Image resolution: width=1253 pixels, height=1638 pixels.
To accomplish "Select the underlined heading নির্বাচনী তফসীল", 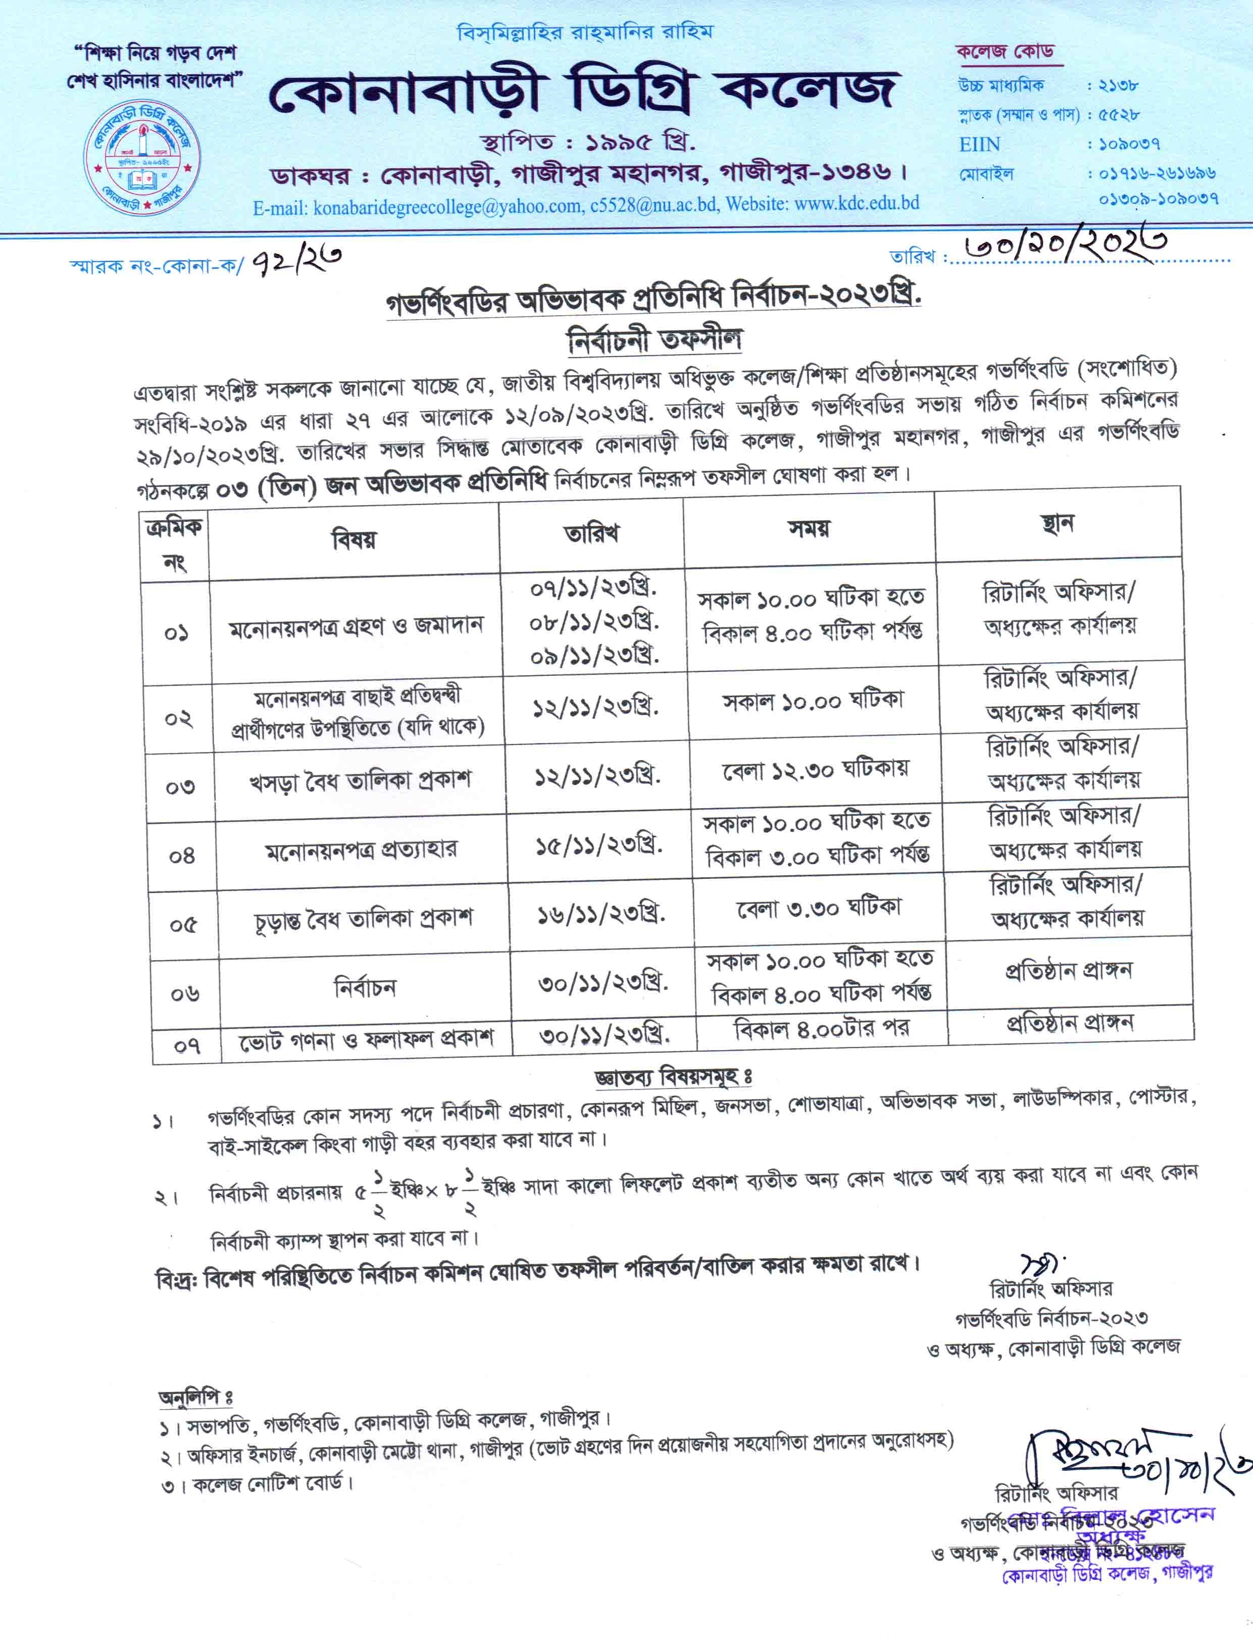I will point(654,340).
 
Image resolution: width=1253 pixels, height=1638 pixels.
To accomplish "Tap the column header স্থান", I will point(1058,524).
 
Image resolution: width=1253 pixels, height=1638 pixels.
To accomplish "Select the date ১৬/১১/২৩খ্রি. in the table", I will point(601,915).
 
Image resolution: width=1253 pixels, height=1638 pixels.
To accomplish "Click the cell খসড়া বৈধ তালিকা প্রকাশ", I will point(360,782).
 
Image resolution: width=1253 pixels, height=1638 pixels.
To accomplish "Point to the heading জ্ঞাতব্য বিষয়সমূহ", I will point(672,1076).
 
